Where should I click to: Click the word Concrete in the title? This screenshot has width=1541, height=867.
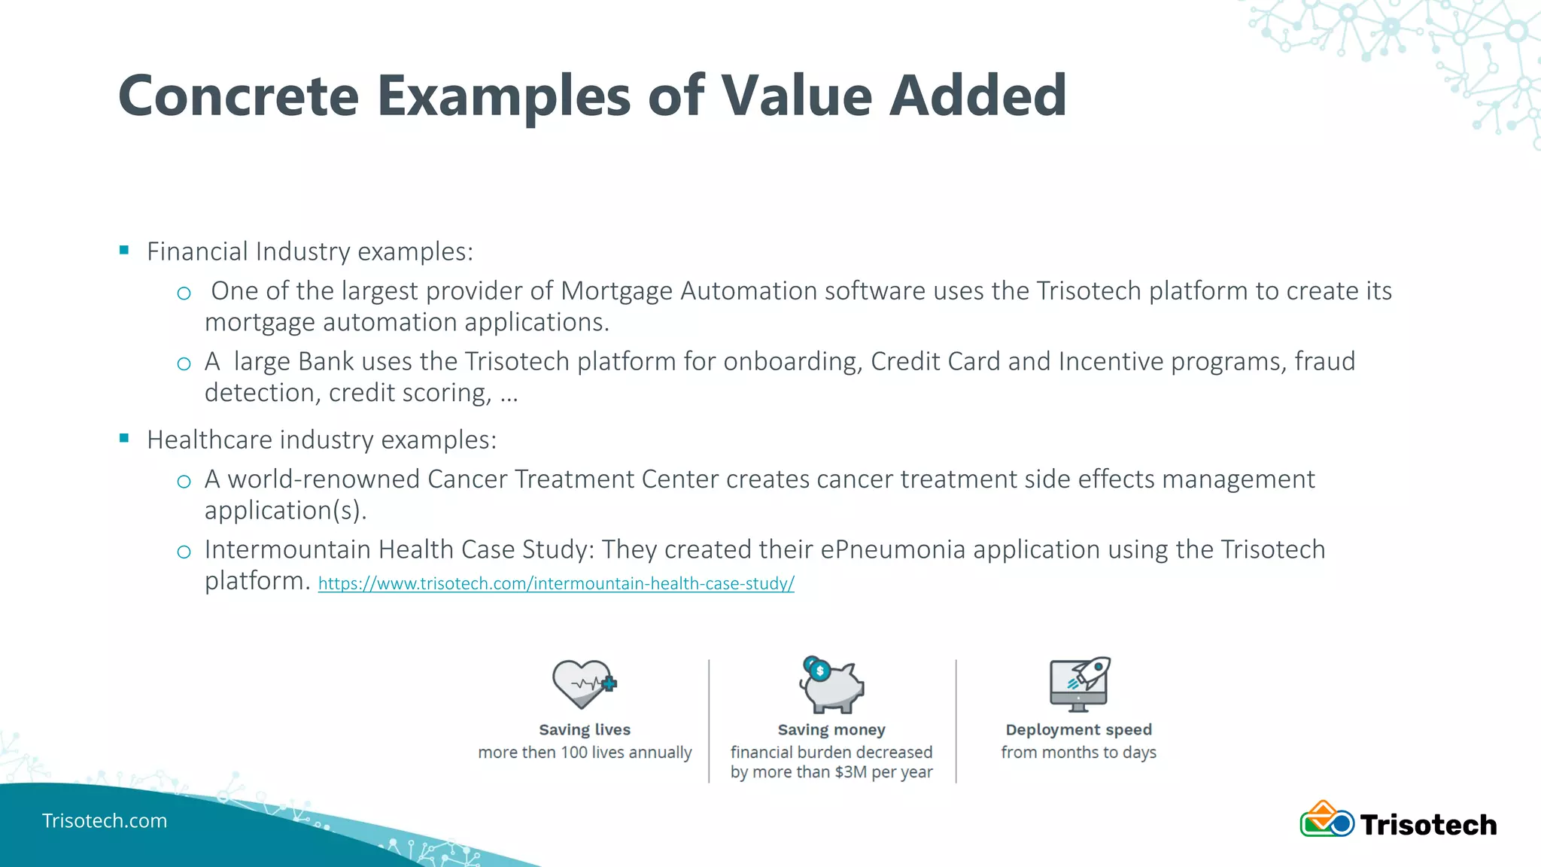coord(239,96)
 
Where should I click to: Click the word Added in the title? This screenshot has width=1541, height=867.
coord(977,96)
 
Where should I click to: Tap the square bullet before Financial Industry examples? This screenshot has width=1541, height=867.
coord(124,250)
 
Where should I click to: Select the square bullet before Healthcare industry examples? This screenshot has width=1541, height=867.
coord(124,438)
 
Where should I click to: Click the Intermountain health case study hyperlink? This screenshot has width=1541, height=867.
coord(555,583)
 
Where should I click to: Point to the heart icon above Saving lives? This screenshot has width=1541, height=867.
coord(583,683)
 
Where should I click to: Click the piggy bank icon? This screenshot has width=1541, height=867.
coord(831,685)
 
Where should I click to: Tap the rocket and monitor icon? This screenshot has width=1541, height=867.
coord(1079,683)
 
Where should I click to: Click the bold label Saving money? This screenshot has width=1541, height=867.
coord(831,729)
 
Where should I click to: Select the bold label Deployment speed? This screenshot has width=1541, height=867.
coord(1078,729)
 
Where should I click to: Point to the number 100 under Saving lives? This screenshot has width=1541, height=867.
coord(574,752)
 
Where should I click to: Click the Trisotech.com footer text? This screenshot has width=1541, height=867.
coord(105,820)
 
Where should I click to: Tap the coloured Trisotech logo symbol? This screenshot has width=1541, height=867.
coord(1327,820)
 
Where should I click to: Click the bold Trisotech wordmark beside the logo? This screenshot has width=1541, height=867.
coord(1428,825)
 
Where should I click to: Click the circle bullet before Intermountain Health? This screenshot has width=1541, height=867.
coord(184,552)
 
